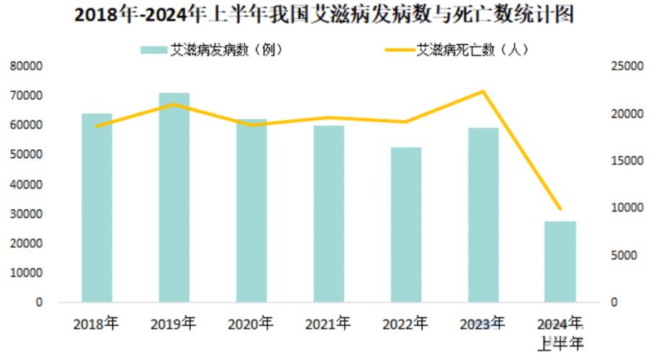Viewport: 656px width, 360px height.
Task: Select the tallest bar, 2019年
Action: pyautogui.click(x=174, y=197)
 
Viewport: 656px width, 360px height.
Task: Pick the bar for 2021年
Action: pyautogui.click(x=328, y=214)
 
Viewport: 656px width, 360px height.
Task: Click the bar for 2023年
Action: pyautogui.click(x=483, y=215)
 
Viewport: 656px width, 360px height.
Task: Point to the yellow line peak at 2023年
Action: pyautogui.click(x=483, y=91)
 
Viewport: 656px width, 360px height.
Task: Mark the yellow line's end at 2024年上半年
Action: pyautogui.click(x=560, y=209)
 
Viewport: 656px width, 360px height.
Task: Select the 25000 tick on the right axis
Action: pyautogui.click(x=624, y=66)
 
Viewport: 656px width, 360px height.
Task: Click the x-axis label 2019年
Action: pyautogui.click(x=174, y=323)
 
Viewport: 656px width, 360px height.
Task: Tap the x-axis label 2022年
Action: pyautogui.click(x=405, y=323)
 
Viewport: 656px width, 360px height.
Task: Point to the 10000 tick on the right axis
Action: pyautogui.click(x=624, y=208)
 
